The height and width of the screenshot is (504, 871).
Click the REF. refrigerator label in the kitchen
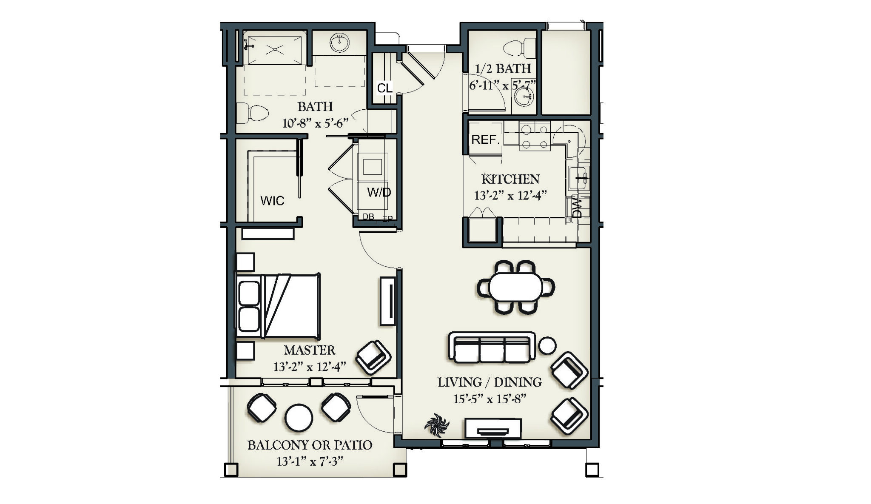(485, 140)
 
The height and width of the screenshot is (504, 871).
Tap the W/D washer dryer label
(379, 192)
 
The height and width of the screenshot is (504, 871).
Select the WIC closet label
(272, 201)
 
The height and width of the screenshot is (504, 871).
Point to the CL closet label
(384, 88)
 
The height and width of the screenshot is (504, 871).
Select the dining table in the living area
(515, 287)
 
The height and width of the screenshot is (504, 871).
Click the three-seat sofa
(492, 348)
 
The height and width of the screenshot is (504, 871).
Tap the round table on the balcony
(299, 418)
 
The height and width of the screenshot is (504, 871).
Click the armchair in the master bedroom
(373, 357)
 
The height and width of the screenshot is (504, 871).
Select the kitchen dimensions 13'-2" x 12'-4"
(510, 196)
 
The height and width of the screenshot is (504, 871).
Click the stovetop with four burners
(535, 136)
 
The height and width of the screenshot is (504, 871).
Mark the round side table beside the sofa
(547, 345)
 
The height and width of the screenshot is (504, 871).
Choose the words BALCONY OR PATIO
(310, 445)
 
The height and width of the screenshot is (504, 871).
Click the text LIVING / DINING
(490, 382)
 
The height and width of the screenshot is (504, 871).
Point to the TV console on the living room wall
(493, 429)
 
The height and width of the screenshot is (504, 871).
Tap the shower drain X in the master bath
(275, 50)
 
